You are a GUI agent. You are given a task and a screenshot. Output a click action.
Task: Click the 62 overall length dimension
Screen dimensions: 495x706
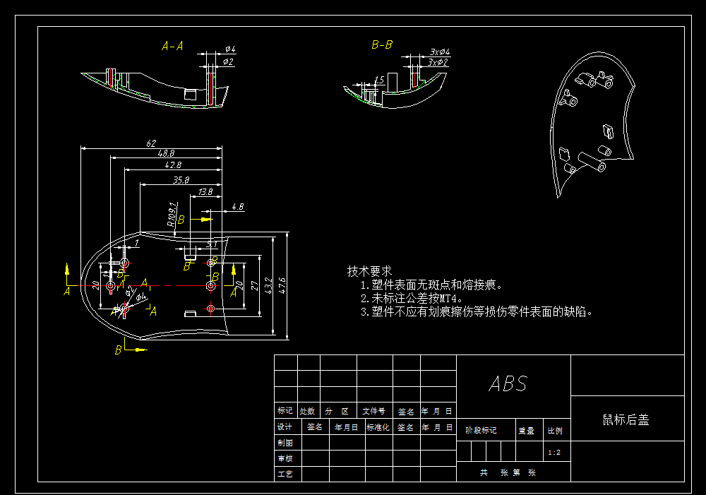(x=150, y=143)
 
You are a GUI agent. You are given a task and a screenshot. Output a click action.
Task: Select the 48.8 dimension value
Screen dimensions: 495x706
(x=167, y=153)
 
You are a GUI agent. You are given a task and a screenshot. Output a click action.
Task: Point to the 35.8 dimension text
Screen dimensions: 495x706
(x=180, y=180)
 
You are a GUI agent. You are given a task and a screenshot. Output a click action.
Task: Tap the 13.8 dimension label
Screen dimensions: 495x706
(x=205, y=191)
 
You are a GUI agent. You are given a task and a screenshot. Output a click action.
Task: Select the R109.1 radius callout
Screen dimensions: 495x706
(x=172, y=214)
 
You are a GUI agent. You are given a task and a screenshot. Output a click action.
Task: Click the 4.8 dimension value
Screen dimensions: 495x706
(x=238, y=207)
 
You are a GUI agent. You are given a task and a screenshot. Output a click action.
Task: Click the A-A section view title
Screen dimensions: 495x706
(x=172, y=47)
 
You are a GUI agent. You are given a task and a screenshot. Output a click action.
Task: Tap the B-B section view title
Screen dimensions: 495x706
(x=382, y=45)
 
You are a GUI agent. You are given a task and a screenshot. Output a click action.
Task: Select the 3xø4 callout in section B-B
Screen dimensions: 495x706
(x=440, y=52)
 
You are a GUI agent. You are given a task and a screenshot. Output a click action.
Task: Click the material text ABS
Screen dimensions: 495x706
(x=508, y=384)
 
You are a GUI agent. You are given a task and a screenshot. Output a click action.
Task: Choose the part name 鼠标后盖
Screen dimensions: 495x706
(x=626, y=419)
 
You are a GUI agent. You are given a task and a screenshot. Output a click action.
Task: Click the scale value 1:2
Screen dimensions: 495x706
(x=554, y=453)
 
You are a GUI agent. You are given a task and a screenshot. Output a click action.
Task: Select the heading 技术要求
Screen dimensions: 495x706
(x=369, y=271)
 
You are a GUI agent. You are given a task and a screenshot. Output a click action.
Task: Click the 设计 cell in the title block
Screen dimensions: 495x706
(x=285, y=427)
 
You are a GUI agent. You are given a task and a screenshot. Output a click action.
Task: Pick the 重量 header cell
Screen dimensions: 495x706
(x=527, y=430)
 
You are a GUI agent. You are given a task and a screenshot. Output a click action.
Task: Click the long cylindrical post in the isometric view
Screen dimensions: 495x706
(x=591, y=161)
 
